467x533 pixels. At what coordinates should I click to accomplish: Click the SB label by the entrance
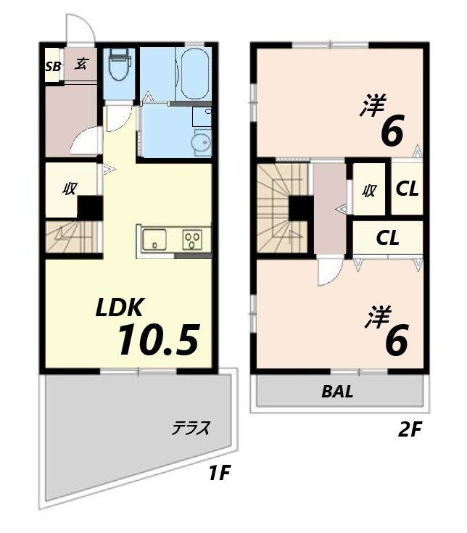[54, 67]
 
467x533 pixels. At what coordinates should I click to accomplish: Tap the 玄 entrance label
[80, 64]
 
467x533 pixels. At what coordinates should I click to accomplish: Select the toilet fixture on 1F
[119, 64]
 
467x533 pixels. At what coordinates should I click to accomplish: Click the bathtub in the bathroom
[194, 74]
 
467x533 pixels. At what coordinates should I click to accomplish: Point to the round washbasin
[201, 143]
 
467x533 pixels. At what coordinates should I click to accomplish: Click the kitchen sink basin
[154, 239]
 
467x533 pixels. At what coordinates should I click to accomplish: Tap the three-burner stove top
[192, 239]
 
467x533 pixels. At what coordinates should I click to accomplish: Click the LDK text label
[119, 307]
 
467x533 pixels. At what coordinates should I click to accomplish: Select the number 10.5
[158, 339]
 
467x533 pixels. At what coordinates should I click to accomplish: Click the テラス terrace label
[191, 428]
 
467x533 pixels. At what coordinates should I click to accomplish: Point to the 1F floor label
[220, 472]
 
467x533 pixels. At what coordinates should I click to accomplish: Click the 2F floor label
[410, 430]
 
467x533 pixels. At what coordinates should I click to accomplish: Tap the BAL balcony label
[337, 392]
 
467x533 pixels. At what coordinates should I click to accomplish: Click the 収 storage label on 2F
[369, 191]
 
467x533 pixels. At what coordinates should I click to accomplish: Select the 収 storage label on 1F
[70, 189]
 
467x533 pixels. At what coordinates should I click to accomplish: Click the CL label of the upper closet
[408, 189]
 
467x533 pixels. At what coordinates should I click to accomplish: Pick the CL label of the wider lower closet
[387, 239]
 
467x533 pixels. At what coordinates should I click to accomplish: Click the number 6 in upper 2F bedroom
[392, 130]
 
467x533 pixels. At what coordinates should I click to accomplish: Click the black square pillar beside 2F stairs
[301, 208]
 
